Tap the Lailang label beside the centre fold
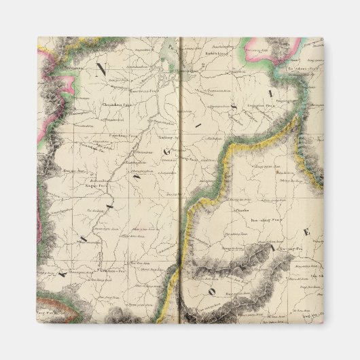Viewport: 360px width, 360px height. tap(165, 137)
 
